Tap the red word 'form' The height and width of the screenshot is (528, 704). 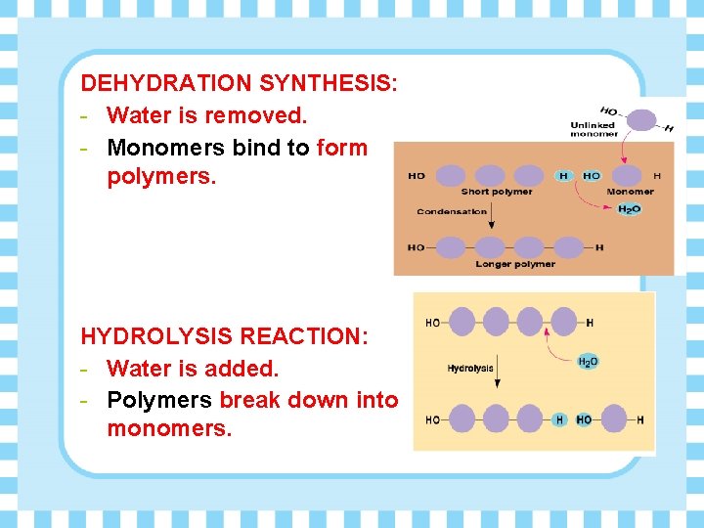[x=342, y=148]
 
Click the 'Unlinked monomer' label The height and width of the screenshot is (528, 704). [x=594, y=129]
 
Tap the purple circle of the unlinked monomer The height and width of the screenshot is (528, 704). [x=641, y=120]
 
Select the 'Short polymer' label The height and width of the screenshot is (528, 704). [x=496, y=192]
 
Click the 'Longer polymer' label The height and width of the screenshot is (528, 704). [x=515, y=264]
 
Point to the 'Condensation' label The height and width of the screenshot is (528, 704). [x=452, y=211]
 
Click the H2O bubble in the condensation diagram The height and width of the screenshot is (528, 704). [x=630, y=209]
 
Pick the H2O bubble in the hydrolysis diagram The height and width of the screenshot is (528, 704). [x=588, y=362]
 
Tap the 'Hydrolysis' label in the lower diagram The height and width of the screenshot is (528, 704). [x=470, y=369]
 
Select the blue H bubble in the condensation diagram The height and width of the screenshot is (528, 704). [x=563, y=176]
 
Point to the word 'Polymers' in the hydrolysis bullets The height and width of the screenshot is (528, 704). [x=159, y=400]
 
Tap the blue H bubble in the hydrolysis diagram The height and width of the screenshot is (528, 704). [x=559, y=419]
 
